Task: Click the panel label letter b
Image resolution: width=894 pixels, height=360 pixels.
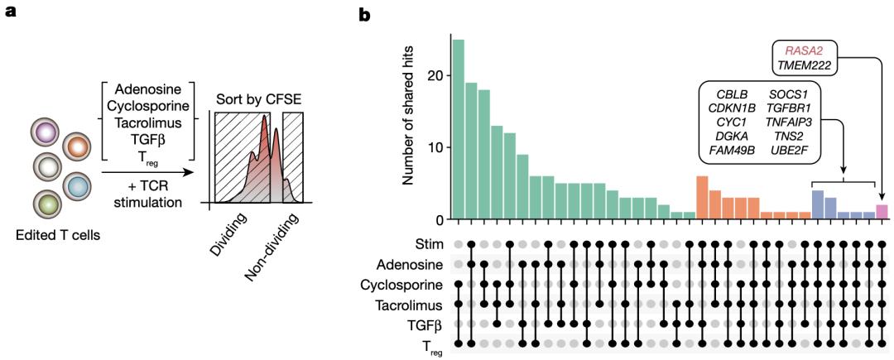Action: (x=365, y=14)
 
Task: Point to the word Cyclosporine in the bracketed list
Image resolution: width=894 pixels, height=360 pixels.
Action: (x=153, y=106)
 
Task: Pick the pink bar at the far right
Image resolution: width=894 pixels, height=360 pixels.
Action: (x=882, y=212)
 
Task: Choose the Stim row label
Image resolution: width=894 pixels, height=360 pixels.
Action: (x=427, y=243)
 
